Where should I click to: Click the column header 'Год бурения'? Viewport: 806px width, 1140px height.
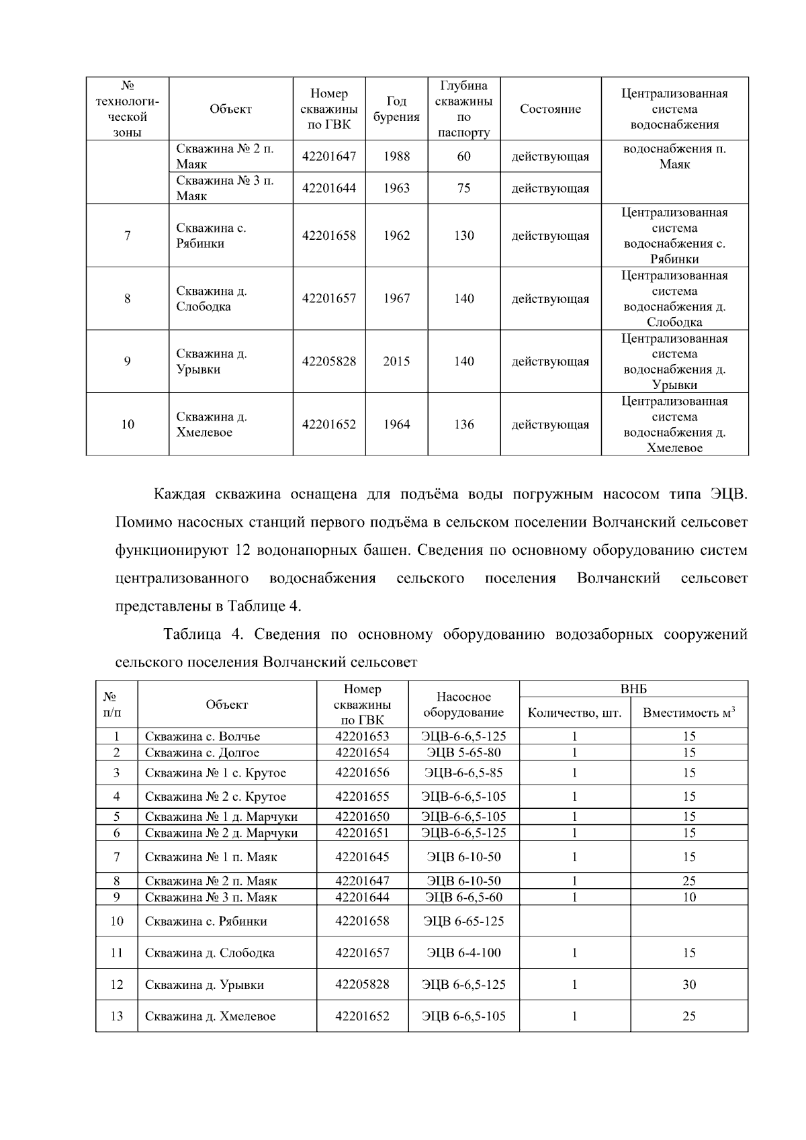click(x=396, y=109)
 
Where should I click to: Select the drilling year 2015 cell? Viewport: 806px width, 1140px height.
click(x=396, y=361)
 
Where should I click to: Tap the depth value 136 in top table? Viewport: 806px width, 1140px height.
click(x=463, y=425)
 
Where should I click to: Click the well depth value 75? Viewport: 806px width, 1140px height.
click(x=463, y=188)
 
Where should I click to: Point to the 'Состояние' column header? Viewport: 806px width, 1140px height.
click(x=550, y=109)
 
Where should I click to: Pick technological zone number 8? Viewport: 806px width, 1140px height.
click(x=127, y=299)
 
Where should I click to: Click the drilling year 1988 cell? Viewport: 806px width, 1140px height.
click(x=396, y=157)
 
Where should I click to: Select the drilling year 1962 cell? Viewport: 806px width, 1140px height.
click(x=396, y=236)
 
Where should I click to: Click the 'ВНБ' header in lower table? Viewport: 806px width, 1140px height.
click(x=633, y=689)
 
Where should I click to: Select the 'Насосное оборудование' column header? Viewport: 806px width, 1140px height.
click(x=463, y=705)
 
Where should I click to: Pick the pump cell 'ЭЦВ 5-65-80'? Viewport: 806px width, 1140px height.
click(x=463, y=752)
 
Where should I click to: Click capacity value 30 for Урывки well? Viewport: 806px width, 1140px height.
click(x=688, y=985)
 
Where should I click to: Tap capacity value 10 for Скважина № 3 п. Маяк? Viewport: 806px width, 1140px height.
click(x=688, y=897)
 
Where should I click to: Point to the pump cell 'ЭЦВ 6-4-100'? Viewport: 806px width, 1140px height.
click(x=463, y=953)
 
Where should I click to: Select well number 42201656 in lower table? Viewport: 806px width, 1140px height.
click(x=362, y=773)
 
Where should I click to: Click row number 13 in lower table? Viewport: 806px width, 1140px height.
click(x=117, y=1016)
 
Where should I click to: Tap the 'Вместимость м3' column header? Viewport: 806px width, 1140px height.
click(x=688, y=713)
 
